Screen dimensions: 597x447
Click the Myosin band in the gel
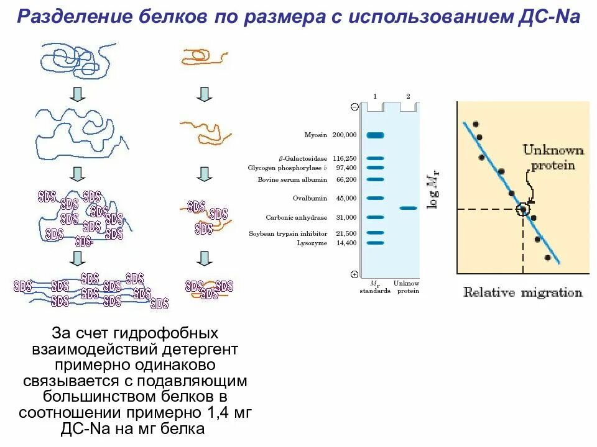tap(375, 135)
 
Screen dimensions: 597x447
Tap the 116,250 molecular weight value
tap(345, 159)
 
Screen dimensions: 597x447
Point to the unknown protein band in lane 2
tap(408, 208)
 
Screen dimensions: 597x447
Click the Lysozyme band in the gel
tap(375, 243)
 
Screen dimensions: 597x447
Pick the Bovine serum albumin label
tap(292, 179)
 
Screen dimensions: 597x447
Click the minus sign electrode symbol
tap(354, 107)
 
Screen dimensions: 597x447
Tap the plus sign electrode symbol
tap(354, 274)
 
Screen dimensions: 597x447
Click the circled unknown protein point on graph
tap(523, 209)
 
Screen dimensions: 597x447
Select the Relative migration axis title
tap(522, 292)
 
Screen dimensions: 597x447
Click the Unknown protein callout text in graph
tap(553, 158)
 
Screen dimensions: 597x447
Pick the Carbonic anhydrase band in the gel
tap(375, 217)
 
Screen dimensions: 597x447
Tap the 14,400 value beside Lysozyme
tap(346, 243)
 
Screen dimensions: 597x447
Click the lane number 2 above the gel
tap(408, 96)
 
